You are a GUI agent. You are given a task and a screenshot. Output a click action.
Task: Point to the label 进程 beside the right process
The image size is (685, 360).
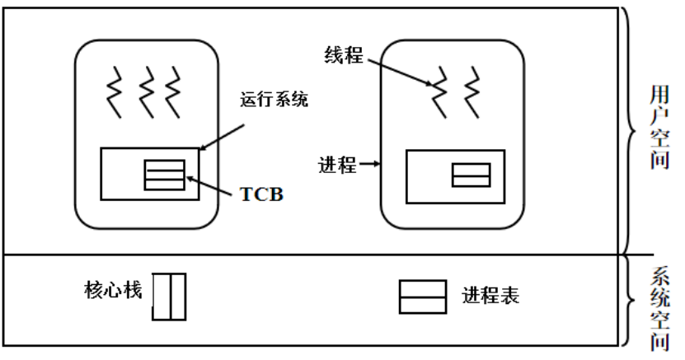click(337, 165)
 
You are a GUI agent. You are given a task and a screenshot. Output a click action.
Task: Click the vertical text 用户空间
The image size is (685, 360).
click(659, 129)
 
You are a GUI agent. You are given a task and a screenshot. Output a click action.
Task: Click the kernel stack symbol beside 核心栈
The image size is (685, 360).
click(169, 297)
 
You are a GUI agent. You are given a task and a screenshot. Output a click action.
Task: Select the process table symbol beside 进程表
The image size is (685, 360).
click(423, 297)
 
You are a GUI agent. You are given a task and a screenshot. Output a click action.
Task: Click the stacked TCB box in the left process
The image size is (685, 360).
click(164, 175)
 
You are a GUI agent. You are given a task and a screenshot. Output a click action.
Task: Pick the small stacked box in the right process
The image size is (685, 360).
click(470, 175)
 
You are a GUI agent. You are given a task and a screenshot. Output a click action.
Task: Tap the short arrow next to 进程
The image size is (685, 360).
click(368, 165)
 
